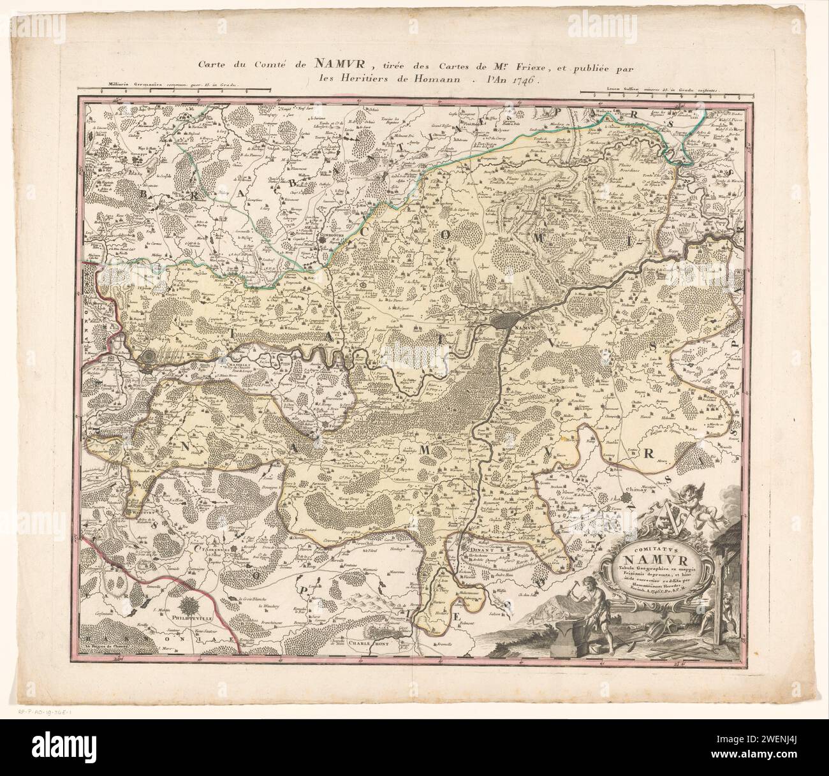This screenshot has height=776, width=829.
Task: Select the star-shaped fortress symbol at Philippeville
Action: [190, 602]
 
